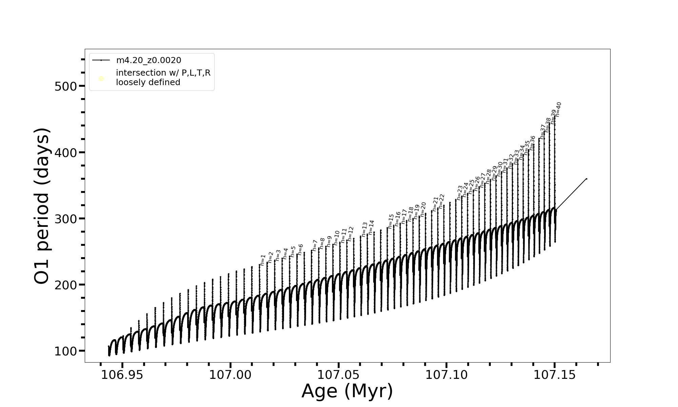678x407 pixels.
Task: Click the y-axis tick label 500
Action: click(66, 86)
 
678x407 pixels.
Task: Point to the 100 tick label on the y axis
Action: click(66, 351)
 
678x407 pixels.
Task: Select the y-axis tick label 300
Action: click(66, 219)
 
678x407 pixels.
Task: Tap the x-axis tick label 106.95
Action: click(122, 375)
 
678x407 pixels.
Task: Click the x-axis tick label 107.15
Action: click(555, 375)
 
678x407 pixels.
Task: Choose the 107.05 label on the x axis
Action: click(338, 375)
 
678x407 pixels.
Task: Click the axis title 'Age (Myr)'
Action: click(347, 391)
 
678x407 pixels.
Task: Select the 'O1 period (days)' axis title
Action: click(42, 206)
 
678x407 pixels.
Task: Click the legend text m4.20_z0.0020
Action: click(148, 60)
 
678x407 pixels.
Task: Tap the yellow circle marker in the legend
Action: click(101, 79)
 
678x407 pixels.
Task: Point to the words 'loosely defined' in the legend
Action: click(148, 82)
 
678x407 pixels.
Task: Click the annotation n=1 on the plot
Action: click(263, 260)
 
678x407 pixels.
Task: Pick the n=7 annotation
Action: click(315, 245)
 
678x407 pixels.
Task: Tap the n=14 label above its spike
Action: click(371, 228)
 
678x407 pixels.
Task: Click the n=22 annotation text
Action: click(441, 201)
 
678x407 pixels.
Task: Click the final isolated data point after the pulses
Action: click(586, 179)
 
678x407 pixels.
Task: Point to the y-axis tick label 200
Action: click(66, 285)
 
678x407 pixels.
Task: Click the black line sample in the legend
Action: click(101, 60)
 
